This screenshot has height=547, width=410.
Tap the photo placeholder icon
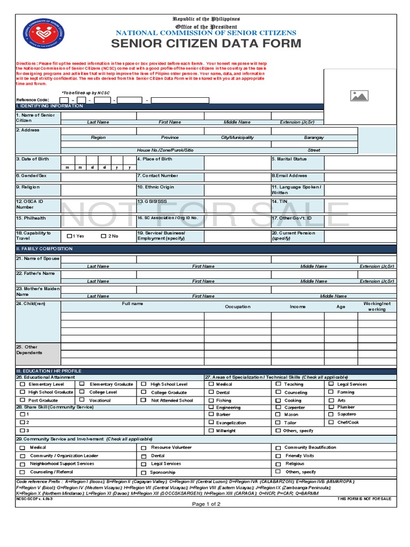[359, 96]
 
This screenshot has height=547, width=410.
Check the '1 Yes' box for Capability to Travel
[70, 236]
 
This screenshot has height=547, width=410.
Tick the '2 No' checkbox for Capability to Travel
[103, 236]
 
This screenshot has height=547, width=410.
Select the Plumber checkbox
[331, 407]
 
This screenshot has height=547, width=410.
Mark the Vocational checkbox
[82, 400]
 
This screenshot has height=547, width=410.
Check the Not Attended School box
[144, 400]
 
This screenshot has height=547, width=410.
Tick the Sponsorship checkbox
[144, 472]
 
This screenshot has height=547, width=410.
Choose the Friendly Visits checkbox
[278, 456]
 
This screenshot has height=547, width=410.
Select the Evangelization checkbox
[211, 423]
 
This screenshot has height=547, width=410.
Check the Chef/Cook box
[331, 422]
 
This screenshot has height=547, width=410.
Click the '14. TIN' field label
[280, 201]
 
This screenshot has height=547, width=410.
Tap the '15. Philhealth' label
[31, 218]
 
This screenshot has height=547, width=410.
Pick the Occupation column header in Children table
[238, 307]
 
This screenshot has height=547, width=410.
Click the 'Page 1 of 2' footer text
[206, 504]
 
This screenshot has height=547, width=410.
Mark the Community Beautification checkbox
[278, 448]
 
